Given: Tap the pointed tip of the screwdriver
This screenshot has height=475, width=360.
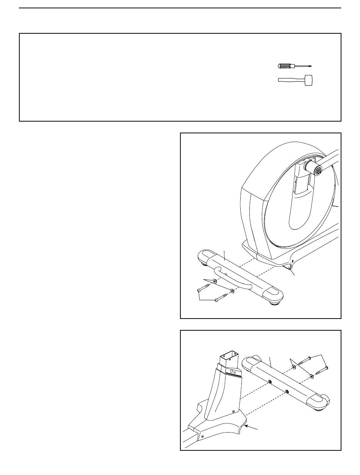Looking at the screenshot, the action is [310, 66].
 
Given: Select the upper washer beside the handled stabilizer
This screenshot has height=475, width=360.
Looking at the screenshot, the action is [215, 281].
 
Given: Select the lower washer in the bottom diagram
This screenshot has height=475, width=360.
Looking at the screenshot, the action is [312, 376].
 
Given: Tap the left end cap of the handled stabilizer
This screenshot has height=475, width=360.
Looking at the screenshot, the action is [205, 254].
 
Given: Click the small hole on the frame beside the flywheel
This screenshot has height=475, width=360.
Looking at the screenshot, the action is [293, 261].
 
